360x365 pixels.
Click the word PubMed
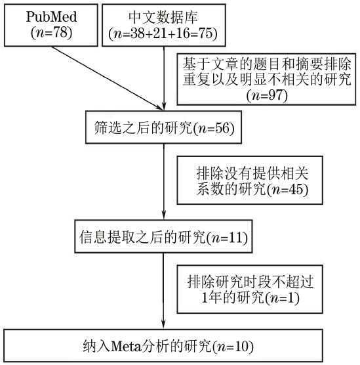coord(51,17)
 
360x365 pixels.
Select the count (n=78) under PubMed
coord(51,32)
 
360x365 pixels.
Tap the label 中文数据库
coord(163,17)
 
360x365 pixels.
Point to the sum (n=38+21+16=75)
coord(163,33)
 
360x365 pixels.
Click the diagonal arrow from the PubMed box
coord(107,78)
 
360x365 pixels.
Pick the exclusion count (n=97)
coord(267,95)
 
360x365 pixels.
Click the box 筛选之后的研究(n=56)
coord(163,127)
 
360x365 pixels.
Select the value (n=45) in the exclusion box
coord(287,189)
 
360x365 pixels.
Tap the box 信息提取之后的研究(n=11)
coord(163,236)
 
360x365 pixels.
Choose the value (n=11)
coord(227,238)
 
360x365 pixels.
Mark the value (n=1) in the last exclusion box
coord(283,297)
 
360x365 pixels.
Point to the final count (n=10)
coord(233,347)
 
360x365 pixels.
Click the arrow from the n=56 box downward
coord(164,182)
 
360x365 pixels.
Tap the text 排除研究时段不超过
coord(250,282)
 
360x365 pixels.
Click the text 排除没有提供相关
coord(252,173)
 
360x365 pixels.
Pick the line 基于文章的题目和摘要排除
coord(267,64)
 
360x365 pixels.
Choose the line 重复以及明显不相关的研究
coord(267,79)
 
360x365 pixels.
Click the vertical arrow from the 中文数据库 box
coord(164,78)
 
